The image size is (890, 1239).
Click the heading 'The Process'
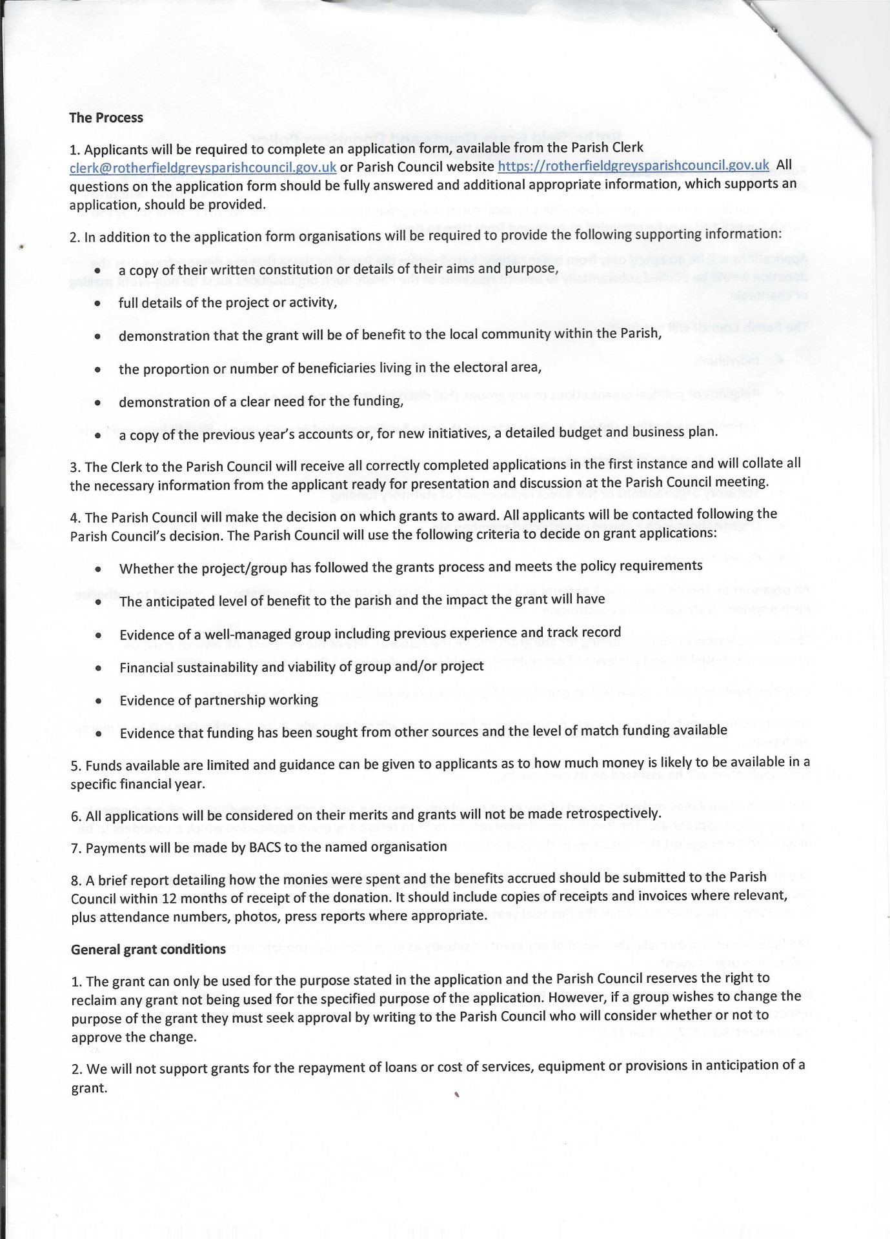pyautogui.click(x=106, y=117)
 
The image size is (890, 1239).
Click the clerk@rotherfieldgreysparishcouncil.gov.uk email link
pyautogui.click(x=203, y=167)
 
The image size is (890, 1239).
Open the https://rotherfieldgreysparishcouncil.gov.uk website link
pyautogui.click(x=633, y=165)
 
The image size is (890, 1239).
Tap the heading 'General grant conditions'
pyautogui.click(x=148, y=949)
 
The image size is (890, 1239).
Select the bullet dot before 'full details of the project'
pyautogui.click(x=97, y=303)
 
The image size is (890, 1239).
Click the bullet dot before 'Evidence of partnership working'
pyautogui.click(x=98, y=701)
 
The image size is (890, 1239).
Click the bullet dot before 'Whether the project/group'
pyautogui.click(x=98, y=569)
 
